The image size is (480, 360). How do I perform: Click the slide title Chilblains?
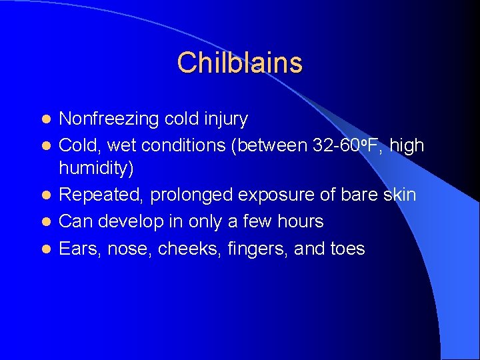click(x=239, y=63)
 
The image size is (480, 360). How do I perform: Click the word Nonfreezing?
click(x=108, y=119)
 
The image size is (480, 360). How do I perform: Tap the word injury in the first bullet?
click(x=225, y=119)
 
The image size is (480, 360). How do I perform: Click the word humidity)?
click(x=97, y=169)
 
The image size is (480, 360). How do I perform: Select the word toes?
click(x=347, y=249)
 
